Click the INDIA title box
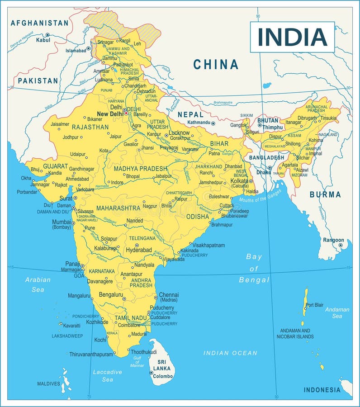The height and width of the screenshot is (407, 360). coord(292,37)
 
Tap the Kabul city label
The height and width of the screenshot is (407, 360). coord(43,40)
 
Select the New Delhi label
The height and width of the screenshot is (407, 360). coord(110,114)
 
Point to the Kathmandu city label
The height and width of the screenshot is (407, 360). coord(199,123)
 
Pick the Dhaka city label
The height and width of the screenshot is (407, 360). coord(264,172)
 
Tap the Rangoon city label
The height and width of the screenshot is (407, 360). coord(334,240)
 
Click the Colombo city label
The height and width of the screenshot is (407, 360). coord(163,376)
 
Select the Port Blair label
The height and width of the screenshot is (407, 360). coord(314,305)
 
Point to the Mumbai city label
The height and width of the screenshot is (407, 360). coord(62,222)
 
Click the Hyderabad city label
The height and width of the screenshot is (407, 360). coord(139,250)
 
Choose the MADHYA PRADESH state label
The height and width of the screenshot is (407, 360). coord(140,169)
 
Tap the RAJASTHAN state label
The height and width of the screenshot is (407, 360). coord(90,127)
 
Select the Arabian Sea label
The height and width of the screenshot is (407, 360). coord(38,284)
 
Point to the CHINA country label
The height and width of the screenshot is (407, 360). coord(216,65)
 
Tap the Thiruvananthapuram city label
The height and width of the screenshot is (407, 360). coord(91,354)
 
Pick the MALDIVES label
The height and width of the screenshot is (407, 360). coord(48,384)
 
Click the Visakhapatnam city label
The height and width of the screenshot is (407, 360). coord(208,245)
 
